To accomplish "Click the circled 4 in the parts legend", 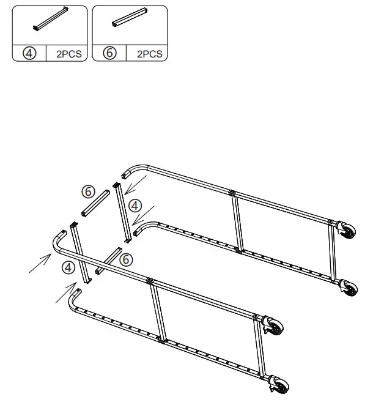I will point(28,53).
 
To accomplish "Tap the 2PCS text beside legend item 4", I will point(68,54).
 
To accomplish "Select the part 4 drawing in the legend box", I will point(51,20).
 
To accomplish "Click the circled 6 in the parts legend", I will point(110,53).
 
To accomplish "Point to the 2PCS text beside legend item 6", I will point(149,54).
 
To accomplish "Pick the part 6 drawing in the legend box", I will point(130,20).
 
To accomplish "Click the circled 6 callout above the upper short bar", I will point(88,191).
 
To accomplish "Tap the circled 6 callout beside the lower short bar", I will point(125,259).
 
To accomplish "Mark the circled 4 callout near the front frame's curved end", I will point(67,267).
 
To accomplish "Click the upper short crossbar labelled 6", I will point(96,203).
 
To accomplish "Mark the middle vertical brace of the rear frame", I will point(237,221).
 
